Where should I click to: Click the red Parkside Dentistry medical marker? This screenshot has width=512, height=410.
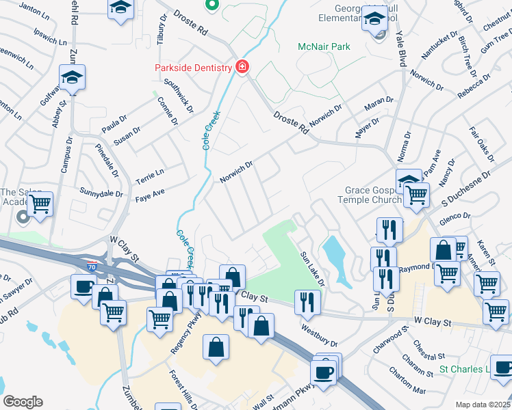click(242, 67)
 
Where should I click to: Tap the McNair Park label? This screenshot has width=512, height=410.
click(323, 46)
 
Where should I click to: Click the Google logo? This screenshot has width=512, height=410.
click(23, 402)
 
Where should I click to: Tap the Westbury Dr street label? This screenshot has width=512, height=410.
click(319, 334)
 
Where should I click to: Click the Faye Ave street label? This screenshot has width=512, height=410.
click(150, 195)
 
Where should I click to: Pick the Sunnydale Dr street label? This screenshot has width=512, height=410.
click(101, 193)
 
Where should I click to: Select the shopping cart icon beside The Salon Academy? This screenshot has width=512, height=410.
click(40, 203)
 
